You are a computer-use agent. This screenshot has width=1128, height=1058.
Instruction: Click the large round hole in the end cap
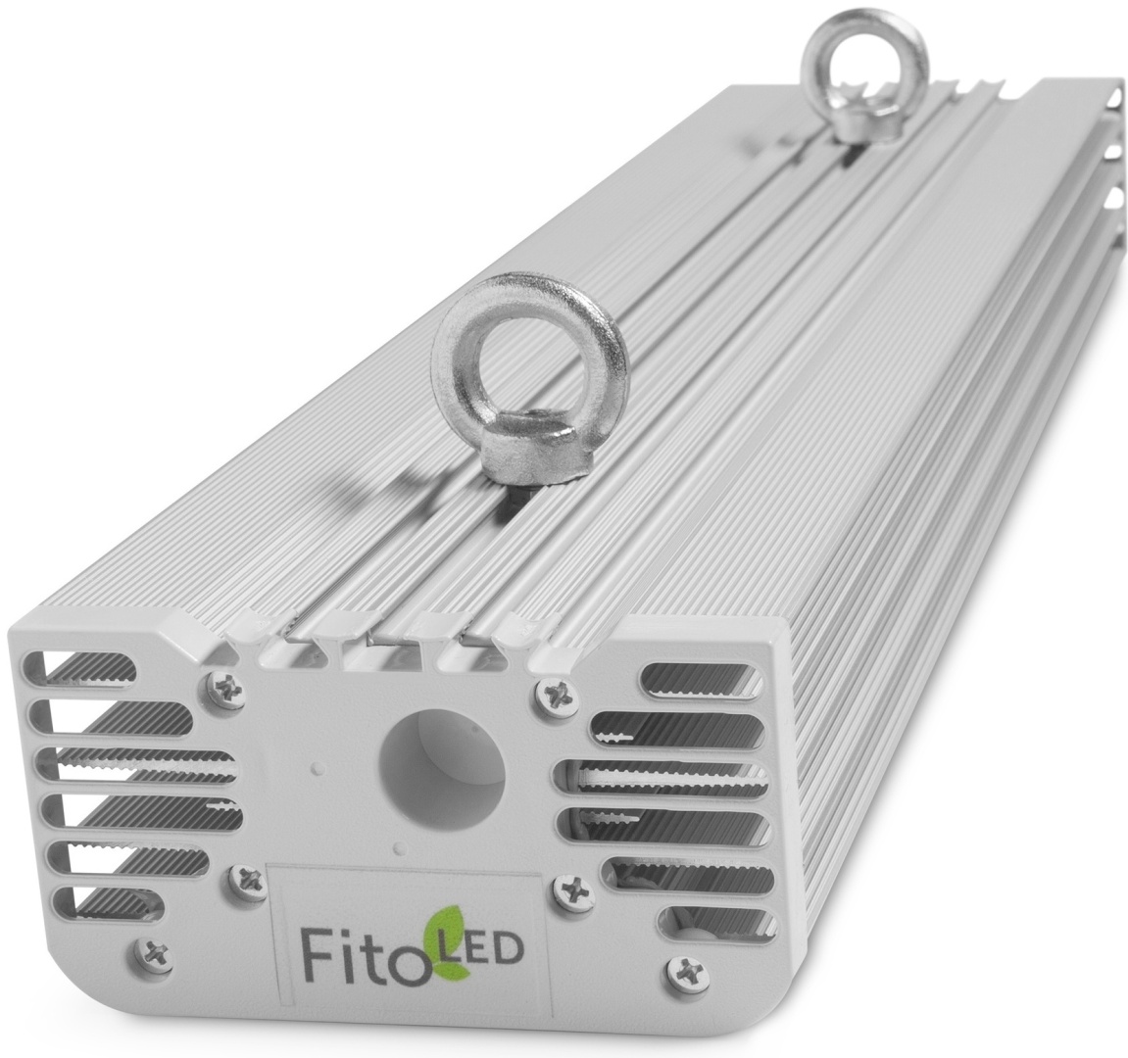[442, 763]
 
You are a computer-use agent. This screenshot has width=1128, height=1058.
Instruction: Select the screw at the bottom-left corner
[153, 952]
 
